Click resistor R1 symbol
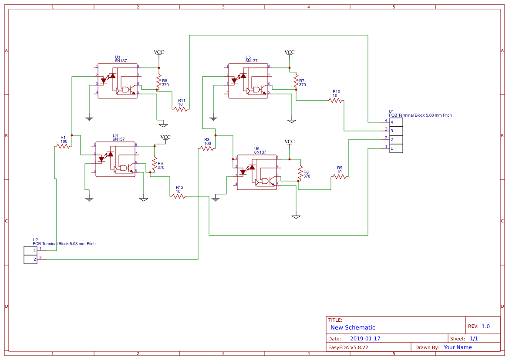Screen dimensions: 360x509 click(64, 146)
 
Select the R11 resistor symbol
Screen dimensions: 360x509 click(181, 109)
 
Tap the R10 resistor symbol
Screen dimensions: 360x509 click(335, 101)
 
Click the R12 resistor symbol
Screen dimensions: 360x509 click(179, 196)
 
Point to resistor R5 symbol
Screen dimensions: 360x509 click(340, 177)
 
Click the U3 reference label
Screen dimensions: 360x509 click(118, 57)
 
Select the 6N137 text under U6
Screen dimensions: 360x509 click(260, 152)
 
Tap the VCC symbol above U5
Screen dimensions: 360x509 click(290, 53)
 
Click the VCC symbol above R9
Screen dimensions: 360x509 click(165, 138)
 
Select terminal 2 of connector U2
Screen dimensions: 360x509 click(30, 259)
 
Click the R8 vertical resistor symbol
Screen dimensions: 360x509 click(159, 81)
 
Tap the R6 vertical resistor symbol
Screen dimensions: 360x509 click(300, 172)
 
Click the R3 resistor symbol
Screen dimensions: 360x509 click(207, 148)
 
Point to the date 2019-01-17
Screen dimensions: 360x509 click(365, 339)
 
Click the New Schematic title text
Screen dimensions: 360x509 click(353, 327)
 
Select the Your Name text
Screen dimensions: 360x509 click(458, 347)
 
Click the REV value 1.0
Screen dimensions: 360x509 click(485, 326)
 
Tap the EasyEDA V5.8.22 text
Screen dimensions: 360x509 click(348, 347)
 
